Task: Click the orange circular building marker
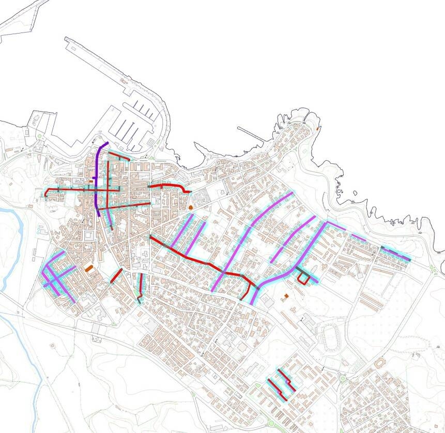click(190, 207)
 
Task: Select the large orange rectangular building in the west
click(89, 268)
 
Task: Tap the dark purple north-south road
click(98, 181)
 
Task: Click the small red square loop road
click(305, 279)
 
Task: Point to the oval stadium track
click(329, 336)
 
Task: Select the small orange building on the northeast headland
click(317, 127)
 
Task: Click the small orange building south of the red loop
click(285, 297)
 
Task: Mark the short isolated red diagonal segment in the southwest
click(116, 275)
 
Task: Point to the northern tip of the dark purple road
click(106, 143)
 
